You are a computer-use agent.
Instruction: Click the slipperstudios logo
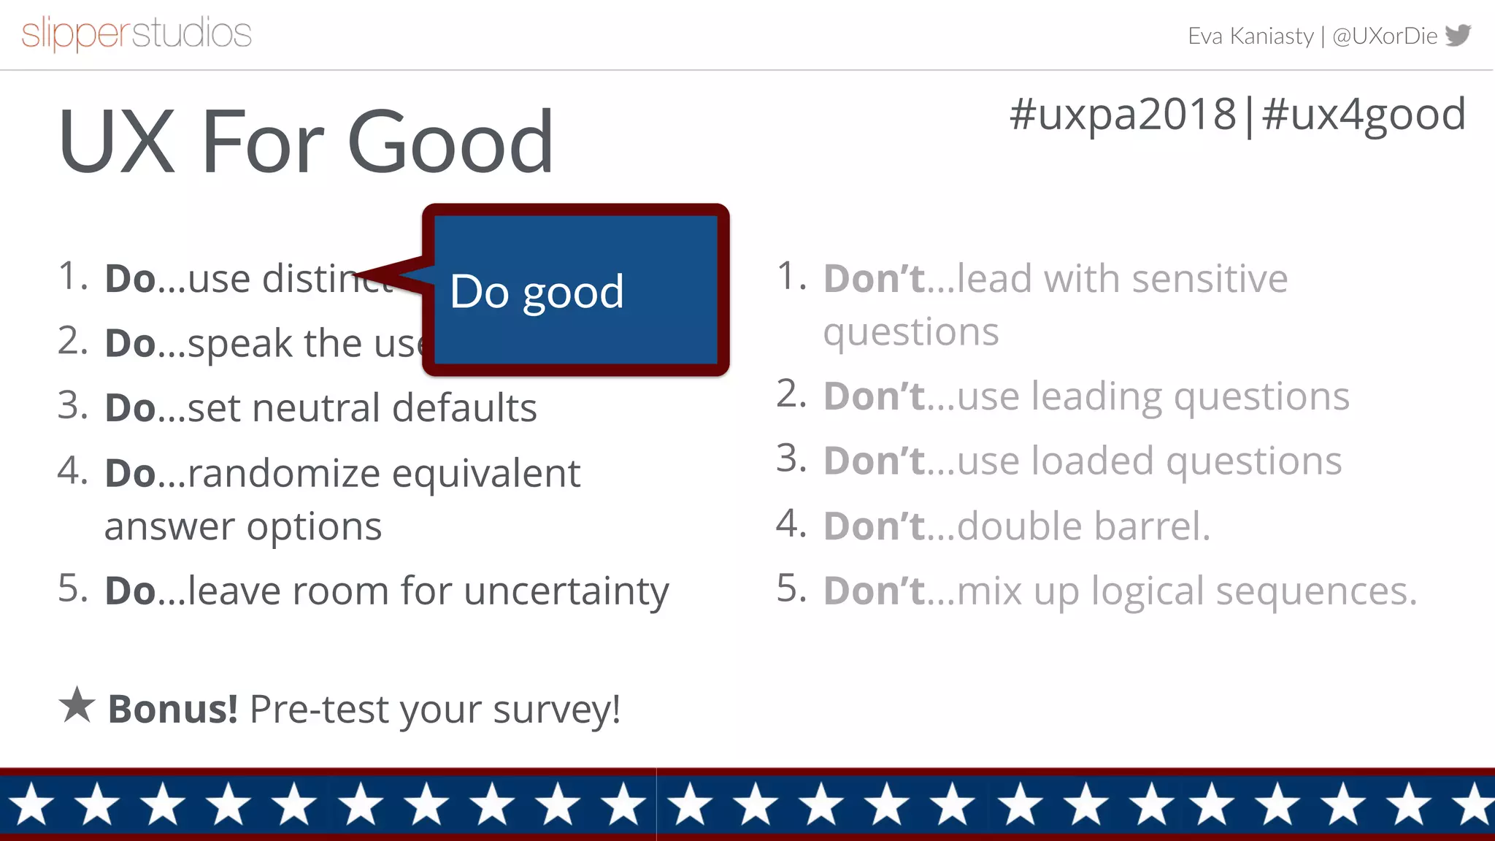(137, 34)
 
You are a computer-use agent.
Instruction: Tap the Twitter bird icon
(1458, 35)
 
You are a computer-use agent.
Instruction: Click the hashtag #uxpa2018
(1123, 115)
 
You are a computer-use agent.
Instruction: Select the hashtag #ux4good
(1364, 115)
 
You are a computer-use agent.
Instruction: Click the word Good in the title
(450, 142)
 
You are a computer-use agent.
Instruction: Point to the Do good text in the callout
(537, 292)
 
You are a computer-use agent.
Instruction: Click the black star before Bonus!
(77, 705)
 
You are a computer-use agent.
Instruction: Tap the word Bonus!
(173, 709)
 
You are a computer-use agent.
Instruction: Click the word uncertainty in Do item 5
(566, 591)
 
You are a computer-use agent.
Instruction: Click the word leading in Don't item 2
(1096, 396)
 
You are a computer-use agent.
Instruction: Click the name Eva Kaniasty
(1250, 36)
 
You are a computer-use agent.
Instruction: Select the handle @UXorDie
(1385, 36)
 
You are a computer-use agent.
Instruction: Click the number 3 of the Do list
(72, 405)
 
